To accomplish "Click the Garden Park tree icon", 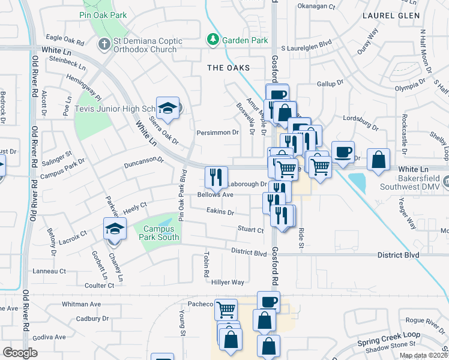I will click(212, 40).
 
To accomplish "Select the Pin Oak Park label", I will click(103, 14).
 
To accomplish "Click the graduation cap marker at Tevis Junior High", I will click(168, 109).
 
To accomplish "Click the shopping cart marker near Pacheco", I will click(226, 310).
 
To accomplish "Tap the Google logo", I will click(20, 353).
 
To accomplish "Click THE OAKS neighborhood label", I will click(228, 68).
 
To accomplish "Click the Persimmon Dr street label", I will click(218, 132).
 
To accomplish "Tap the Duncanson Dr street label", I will click(143, 161).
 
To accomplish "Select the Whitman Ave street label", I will click(81, 304).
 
